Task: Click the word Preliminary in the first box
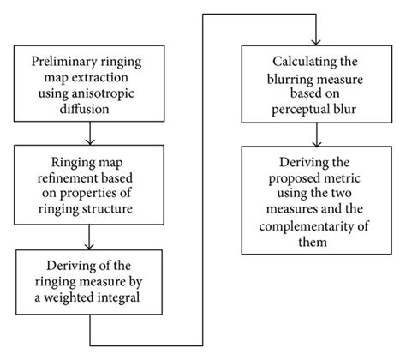point(66,62)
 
